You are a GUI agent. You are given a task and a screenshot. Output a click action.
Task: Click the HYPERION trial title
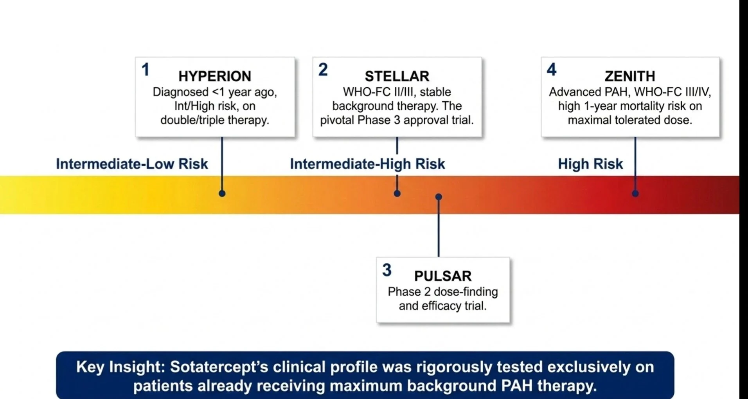pyautogui.click(x=215, y=76)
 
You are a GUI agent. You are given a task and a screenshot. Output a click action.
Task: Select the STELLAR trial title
pyautogui.click(x=397, y=76)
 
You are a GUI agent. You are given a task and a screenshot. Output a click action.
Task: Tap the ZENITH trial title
pyautogui.click(x=630, y=76)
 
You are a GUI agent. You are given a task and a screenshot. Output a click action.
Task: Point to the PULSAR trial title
pyautogui.click(x=443, y=276)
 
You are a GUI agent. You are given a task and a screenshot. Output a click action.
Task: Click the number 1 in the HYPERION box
pyautogui.click(x=146, y=70)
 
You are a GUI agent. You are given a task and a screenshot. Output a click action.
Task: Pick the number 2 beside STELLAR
pyautogui.click(x=323, y=70)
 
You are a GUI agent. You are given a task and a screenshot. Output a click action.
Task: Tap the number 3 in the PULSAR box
pyautogui.click(x=387, y=270)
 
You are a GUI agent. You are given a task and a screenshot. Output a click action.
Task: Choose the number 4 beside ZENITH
pyautogui.click(x=552, y=70)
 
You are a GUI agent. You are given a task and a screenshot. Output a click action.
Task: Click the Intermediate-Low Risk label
pyautogui.click(x=132, y=164)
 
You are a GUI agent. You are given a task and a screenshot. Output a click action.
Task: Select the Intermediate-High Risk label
pyautogui.click(x=367, y=164)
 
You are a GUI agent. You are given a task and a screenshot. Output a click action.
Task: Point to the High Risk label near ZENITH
pyautogui.click(x=590, y=164)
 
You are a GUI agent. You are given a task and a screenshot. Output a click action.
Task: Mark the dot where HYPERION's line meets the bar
pyautogui.click(x=222, y=193)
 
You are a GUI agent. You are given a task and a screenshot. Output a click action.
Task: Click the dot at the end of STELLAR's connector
pyautogui.click(x=397, y=193)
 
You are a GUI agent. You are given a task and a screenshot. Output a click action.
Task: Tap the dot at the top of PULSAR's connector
pyautogui.click(x=439, y=197)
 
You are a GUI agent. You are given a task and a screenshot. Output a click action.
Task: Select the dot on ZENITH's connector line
pyautogui.click(x=635, y=193)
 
